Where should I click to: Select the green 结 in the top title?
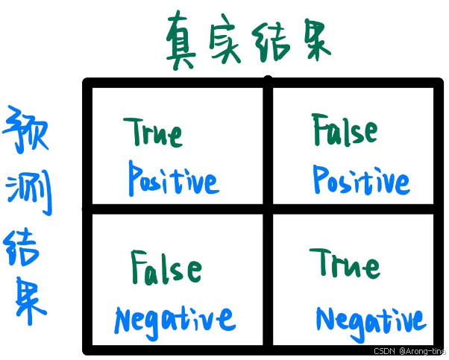271,39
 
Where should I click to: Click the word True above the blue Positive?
154,132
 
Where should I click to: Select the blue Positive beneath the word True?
172,179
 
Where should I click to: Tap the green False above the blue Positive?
345,131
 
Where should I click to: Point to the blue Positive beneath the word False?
361,180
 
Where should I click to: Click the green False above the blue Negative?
166,268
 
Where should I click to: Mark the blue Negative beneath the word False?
175,320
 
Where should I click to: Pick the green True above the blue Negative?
345,264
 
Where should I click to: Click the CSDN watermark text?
383,350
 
